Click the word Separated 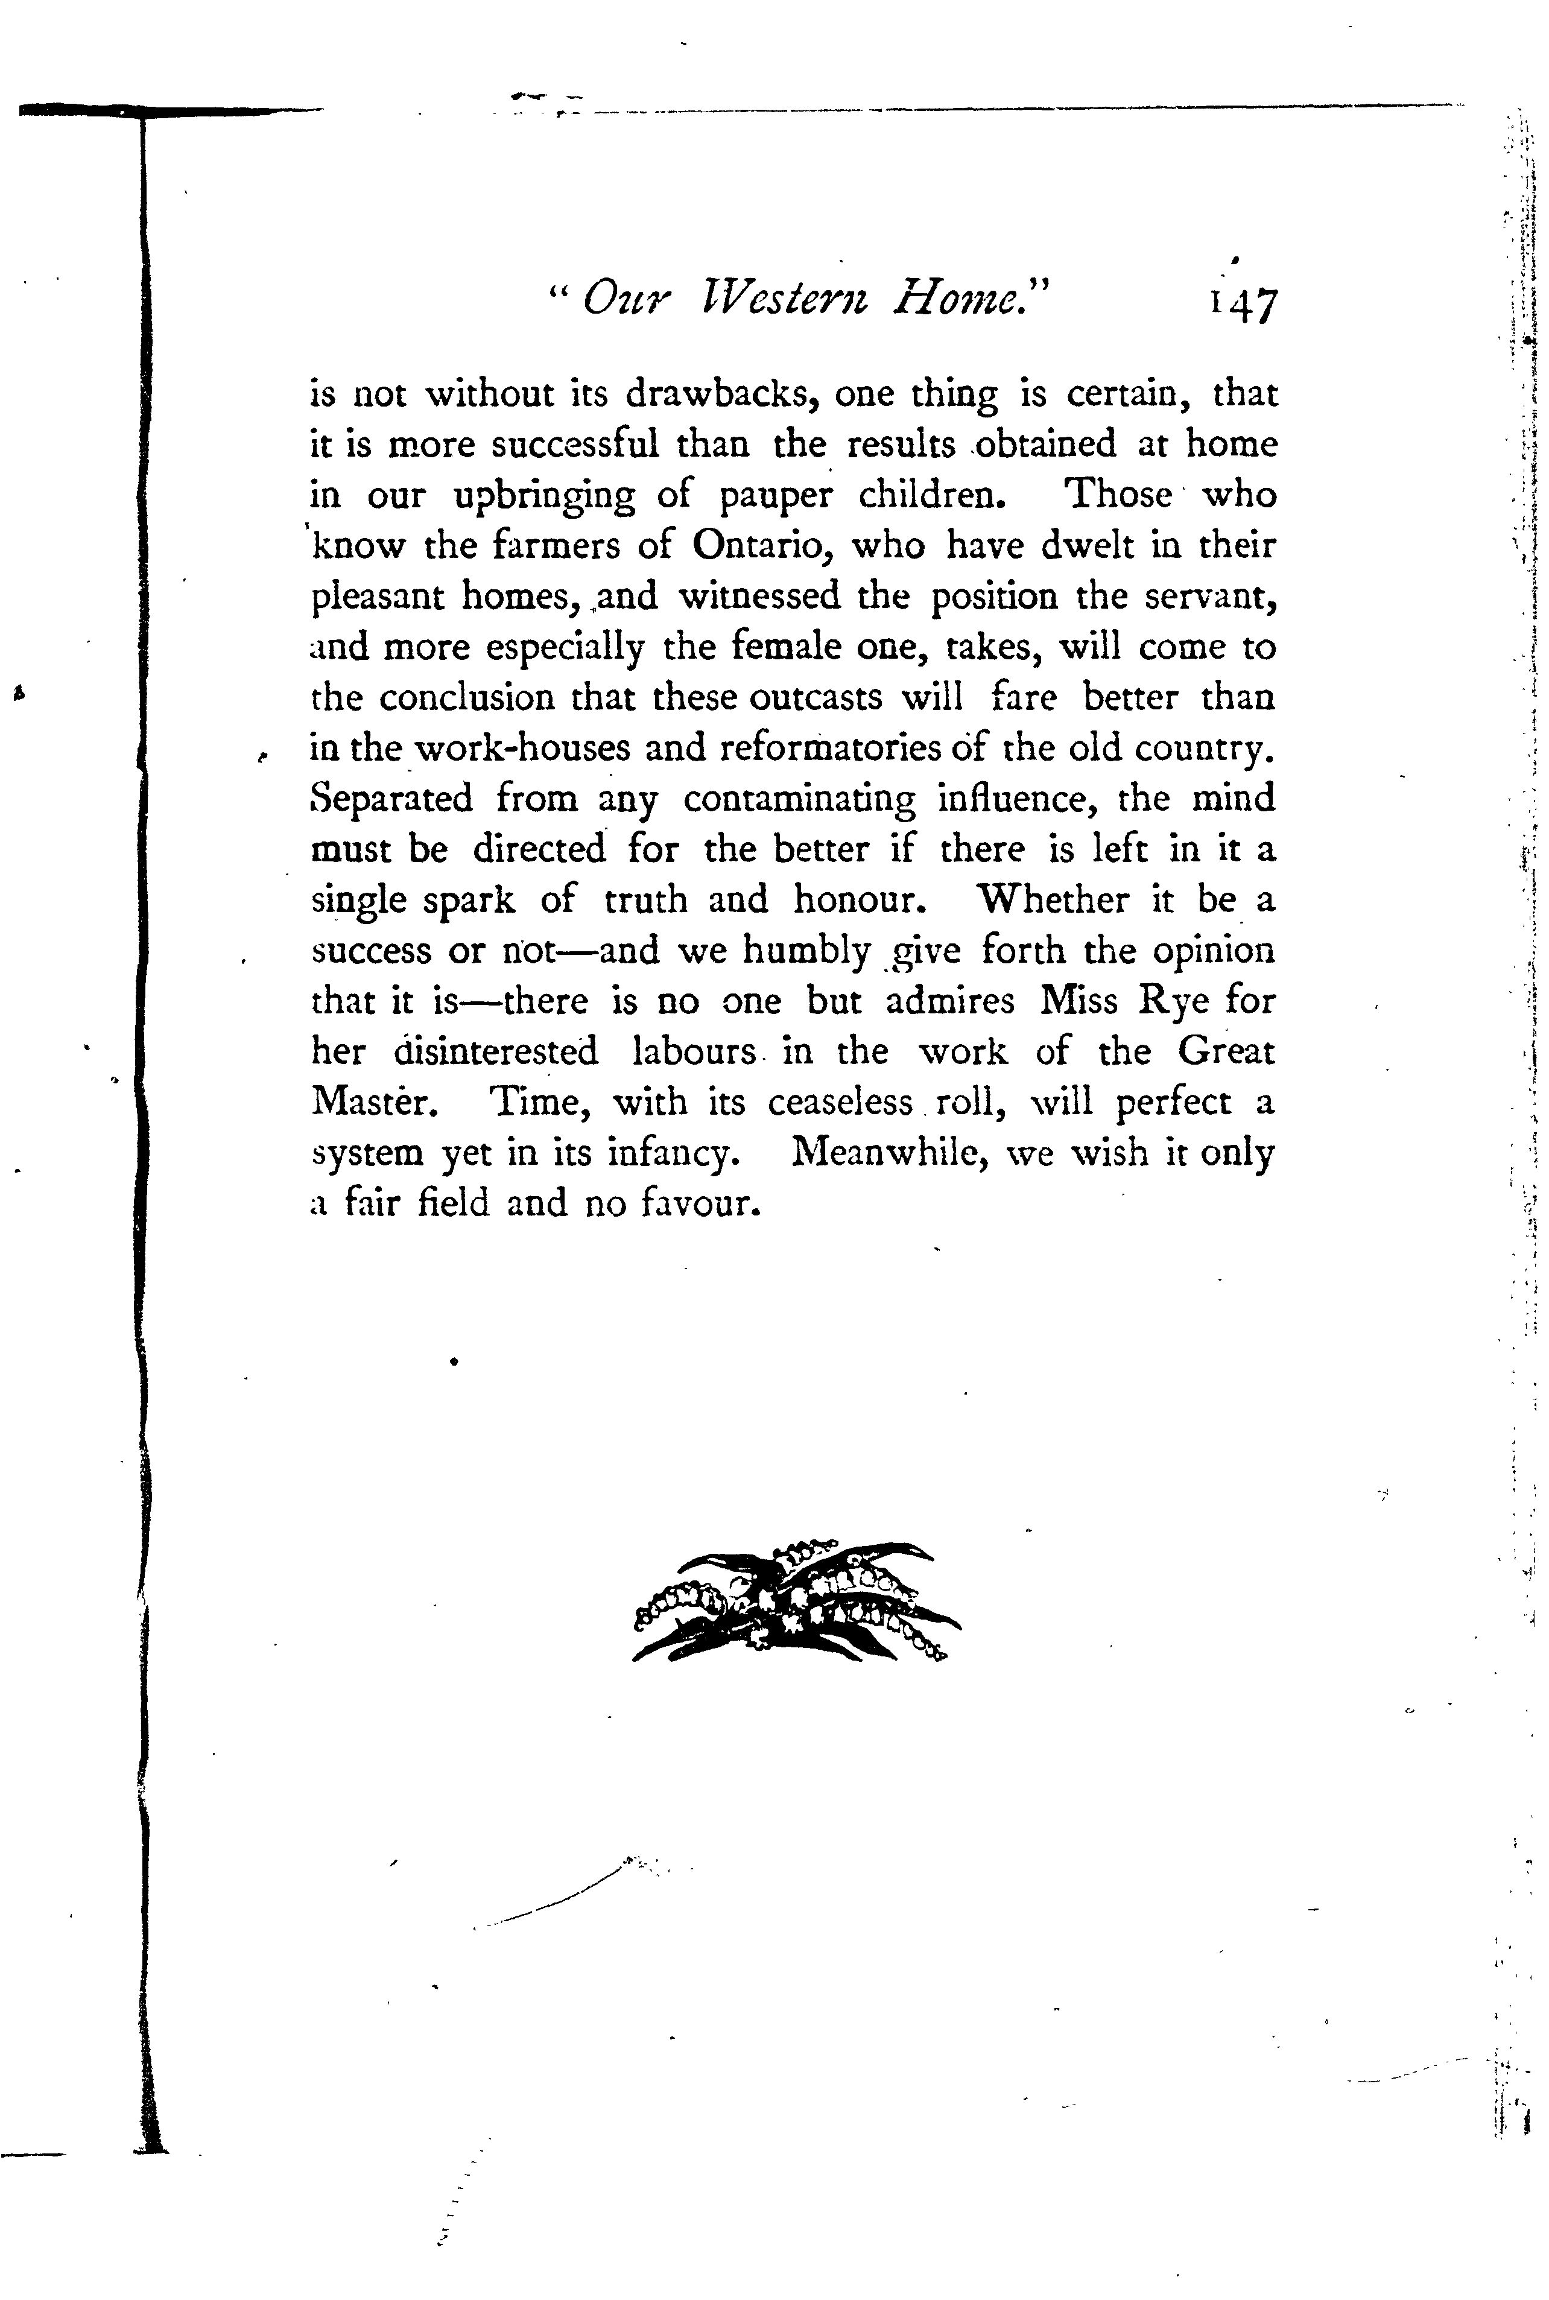[x=391, y=799]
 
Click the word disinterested [x=495, y=1052]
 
